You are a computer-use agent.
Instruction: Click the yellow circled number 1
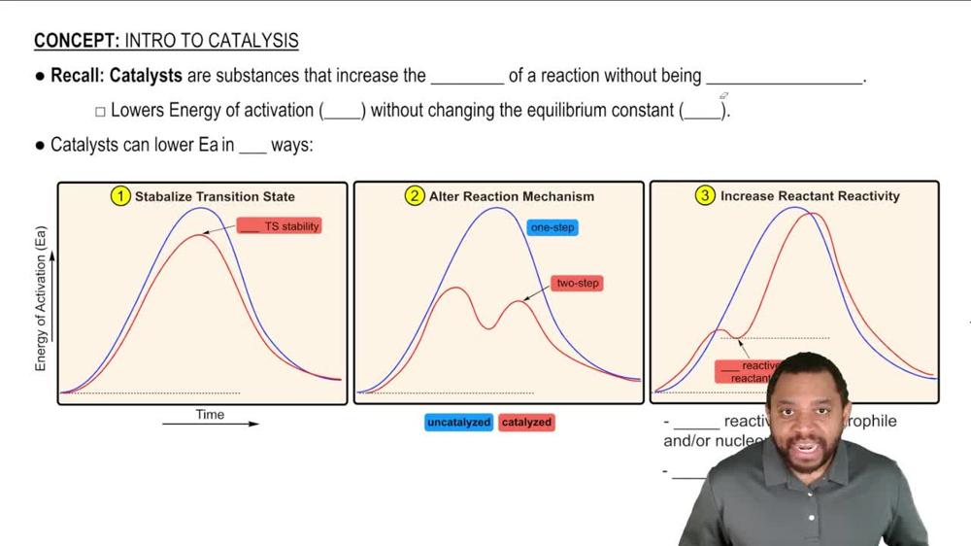coord(120,196)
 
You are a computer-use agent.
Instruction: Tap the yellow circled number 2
coord(415,196)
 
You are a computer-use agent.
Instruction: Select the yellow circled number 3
coord(705,196)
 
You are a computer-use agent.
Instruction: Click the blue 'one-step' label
coord(552,227)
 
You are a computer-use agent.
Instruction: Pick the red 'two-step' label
coord(578,283)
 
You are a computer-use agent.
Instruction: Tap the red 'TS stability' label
coord(280,226)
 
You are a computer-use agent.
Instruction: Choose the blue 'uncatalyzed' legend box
coord(458,423)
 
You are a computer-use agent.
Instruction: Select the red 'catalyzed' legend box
coord(526,423)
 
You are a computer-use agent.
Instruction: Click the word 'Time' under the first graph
coord(210,414)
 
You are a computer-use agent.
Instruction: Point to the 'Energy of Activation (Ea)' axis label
coord(41,298)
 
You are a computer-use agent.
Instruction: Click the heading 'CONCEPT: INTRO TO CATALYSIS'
coord(166,41)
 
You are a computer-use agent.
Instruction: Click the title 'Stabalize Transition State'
coord(215,196)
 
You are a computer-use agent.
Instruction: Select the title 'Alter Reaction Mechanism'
coord(512,196)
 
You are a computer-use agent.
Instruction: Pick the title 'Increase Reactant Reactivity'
coord(810,196)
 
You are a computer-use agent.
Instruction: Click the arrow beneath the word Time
coord(211,425)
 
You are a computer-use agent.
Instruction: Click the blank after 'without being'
coord(784,78)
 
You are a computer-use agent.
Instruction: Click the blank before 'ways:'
coord(252,148)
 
